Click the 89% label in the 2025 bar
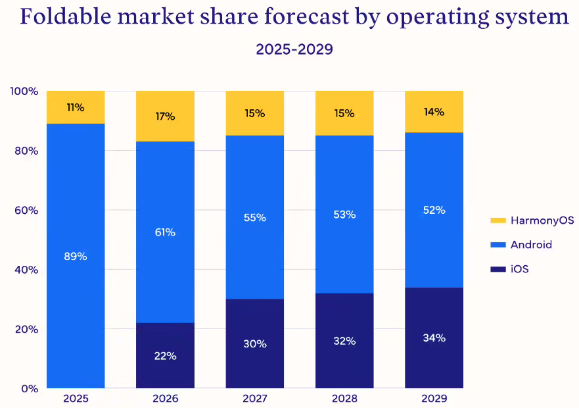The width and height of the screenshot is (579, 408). tap(76, 256)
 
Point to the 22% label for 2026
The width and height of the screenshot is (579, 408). tap(165, 356)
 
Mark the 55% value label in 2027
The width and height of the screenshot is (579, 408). tap(254, 217)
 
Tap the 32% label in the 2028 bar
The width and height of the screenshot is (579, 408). tap(344, 341)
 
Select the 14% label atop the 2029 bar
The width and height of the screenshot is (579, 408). tap(434, 112)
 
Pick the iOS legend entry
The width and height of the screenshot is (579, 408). tap(519, 269)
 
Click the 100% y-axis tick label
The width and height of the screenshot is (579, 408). tap(24, 91)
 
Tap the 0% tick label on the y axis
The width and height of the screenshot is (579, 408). tap(30, 388)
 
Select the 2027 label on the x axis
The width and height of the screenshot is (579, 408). tap(254, 399)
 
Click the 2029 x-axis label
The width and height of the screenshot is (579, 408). tap(434, 399)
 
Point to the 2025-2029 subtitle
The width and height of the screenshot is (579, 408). tap(294, 49)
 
